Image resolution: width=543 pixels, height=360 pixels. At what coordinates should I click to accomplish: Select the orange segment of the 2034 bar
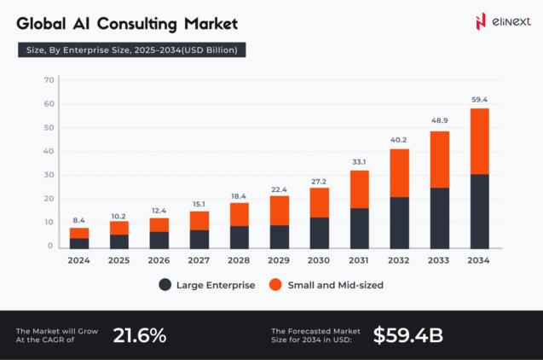click(480, 141)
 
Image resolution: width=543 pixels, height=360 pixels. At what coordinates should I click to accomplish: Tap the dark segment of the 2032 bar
click(399, 223)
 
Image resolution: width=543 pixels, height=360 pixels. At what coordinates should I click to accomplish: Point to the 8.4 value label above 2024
click(79, 219)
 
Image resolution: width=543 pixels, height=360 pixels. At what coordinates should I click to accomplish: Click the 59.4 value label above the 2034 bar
click(480, 100)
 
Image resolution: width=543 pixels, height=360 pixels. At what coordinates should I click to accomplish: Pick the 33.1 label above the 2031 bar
click(359, 162)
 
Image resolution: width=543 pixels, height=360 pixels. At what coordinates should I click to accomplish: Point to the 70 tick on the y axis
click(49, 80)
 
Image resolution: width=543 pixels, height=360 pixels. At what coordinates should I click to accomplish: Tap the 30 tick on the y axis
click(49, 175)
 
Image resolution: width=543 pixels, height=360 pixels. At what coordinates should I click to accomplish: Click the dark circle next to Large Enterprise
click(164, 285)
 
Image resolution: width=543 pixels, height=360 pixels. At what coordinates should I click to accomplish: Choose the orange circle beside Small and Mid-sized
click(275, 285)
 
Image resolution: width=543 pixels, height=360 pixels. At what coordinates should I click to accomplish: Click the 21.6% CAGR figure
click(139, 335)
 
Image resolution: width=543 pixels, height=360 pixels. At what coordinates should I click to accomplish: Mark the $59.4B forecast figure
click(407, 335)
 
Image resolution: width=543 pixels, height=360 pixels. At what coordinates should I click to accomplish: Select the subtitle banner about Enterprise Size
click(132, 49)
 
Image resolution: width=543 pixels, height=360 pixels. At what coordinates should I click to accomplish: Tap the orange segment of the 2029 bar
click(279, 210)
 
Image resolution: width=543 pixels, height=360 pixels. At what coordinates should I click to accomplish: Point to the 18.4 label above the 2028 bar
click(239, 196)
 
